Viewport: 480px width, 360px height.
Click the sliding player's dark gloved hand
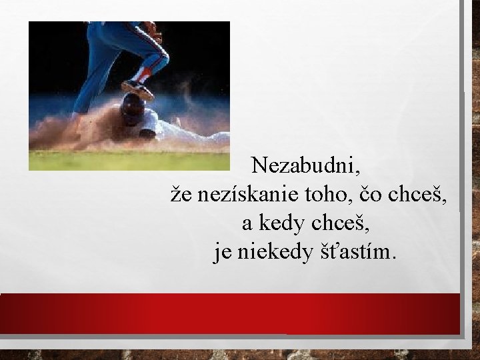[x=147, y=133]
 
